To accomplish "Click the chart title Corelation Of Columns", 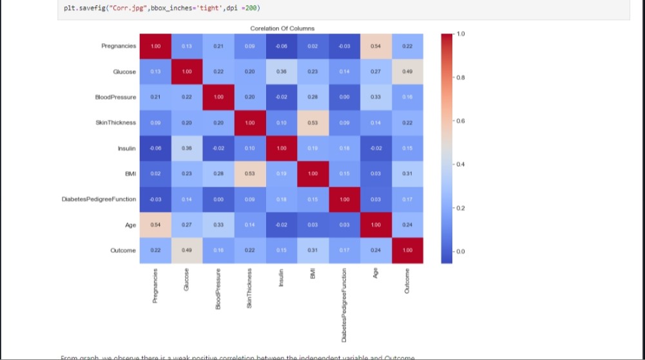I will tap(282, 28).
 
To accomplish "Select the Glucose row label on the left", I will tap(124, 71).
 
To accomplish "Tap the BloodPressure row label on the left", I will tap(115, 97).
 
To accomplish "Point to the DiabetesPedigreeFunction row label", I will tap(99, 199).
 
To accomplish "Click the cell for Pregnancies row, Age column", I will tap(376, 46).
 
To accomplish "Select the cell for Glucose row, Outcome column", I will tap(407, 71).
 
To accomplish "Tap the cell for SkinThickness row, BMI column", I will tap(313, 122).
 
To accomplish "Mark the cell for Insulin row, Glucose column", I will tap(187, 148).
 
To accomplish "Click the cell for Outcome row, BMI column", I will tap(313, 250).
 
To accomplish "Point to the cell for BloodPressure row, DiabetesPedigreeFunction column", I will tap(344, 97).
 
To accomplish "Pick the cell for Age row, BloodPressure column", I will tap(218, 225).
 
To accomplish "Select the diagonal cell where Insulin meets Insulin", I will tap(281, 148).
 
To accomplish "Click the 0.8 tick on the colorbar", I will tap(460, 77).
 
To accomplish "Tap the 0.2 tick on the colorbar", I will tap(460, 208).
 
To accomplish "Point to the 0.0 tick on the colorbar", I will tap(460, 252).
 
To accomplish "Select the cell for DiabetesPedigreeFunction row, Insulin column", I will tap(281, 199).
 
